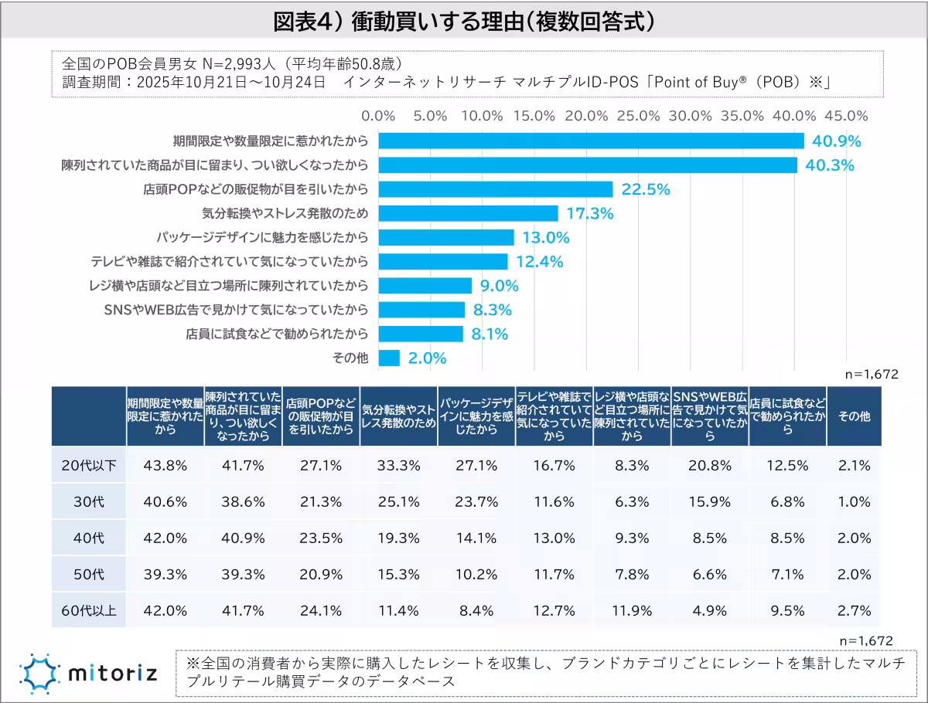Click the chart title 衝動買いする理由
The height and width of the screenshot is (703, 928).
click(464, 22)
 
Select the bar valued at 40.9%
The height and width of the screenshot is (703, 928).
click(591, 141)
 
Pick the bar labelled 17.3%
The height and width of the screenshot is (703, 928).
click(468, 213)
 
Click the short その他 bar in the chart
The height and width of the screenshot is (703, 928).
click(389, 358)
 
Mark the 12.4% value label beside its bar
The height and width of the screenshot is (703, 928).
click(539, 262)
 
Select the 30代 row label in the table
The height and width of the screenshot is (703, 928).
click(89, 501)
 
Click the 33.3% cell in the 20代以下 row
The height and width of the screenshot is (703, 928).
click(399, 465)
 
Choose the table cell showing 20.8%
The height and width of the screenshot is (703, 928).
click(709, 465)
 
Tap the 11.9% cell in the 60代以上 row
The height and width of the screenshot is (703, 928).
click(632, 610)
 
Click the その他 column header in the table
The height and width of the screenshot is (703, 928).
click(854, 416)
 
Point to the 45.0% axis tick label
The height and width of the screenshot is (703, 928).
click(846, 115)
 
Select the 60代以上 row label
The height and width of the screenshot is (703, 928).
click(89, 610)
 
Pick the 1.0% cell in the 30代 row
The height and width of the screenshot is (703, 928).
click(854, 501)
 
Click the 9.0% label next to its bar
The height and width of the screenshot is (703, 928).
click(499, 286)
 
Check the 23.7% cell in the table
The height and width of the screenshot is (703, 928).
click(476, 501)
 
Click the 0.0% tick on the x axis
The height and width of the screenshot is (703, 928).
click(379, 115)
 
